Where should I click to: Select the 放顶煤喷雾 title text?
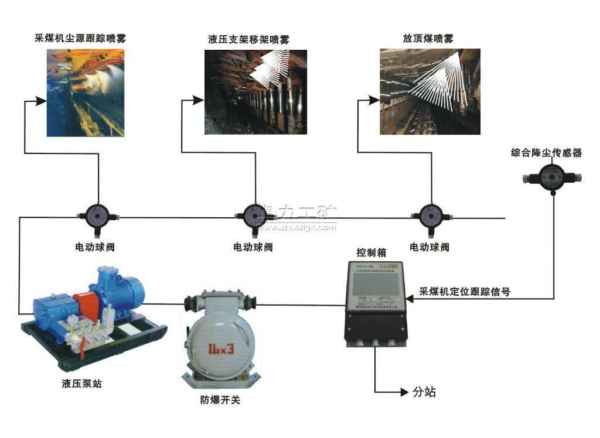428,39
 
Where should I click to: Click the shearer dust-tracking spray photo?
85,93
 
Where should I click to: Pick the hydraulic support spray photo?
255,92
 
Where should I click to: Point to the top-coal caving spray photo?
429,91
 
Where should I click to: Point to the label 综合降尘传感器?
547,153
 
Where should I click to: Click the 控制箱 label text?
371,253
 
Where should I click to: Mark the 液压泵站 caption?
85,384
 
